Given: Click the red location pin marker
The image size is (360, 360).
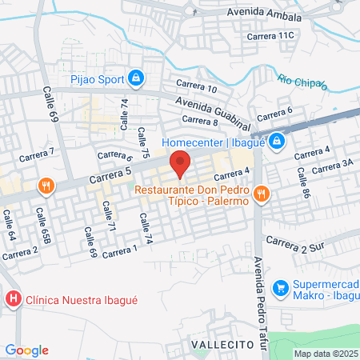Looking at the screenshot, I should pyautogui.click(x=181, y=162).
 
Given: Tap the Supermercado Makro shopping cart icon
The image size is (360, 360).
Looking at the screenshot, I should pyautogui.click(x=280, y=287).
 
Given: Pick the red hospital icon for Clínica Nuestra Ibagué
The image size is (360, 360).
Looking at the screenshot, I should pyautogui.click(x=13, y=300).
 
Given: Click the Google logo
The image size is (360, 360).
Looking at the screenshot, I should pyautogui.click(x=26, y=350).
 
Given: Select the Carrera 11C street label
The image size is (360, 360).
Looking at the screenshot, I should pyautogui.click(x=271, y=36).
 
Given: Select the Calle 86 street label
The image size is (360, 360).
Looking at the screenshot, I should pyautogui.click(x=302, y=178).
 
